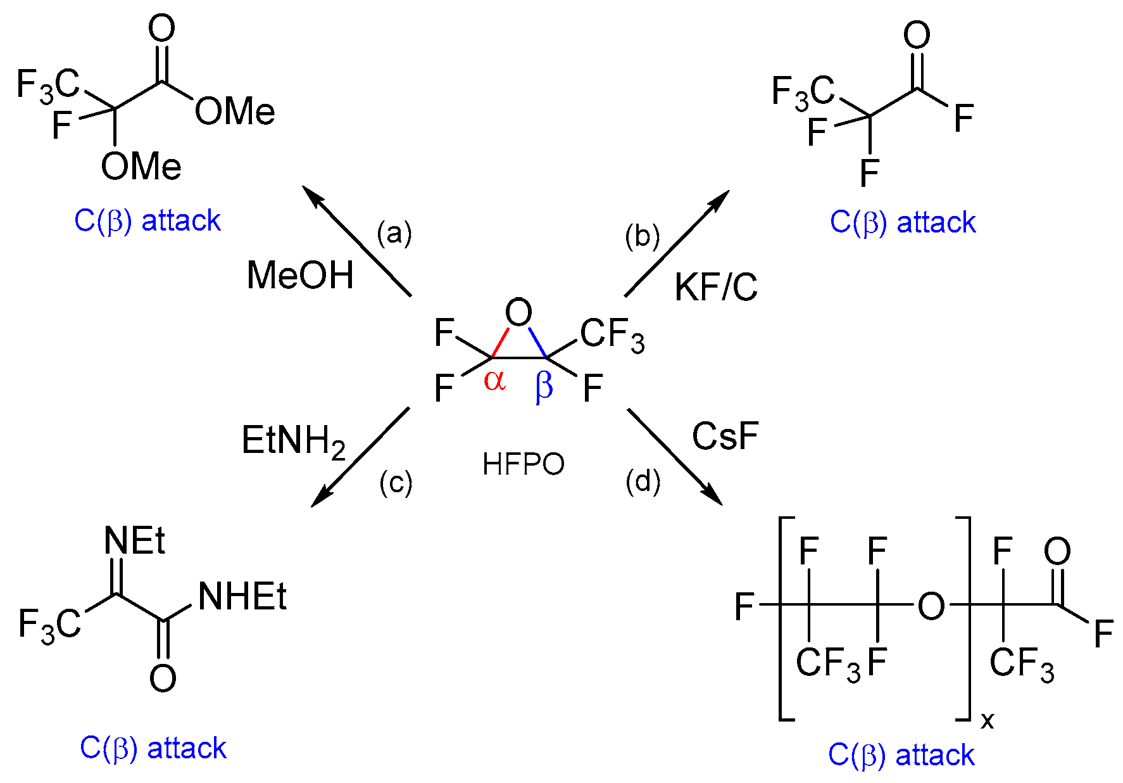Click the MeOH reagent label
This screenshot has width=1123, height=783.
[x=300, y=276]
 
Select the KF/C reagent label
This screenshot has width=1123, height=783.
[x=716, y=288]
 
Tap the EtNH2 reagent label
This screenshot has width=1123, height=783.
[x=293, y=441]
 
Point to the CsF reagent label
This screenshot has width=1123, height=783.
[x=725, y=436]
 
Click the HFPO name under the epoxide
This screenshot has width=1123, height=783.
[x=523, y=464]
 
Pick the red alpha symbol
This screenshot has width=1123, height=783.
[x=494, y=381]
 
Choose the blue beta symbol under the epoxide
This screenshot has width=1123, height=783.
[x=544, y=385]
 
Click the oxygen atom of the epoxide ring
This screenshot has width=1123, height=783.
[x=518, y=312]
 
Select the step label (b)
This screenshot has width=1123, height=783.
[x=642, y=236]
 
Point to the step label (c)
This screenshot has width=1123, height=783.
[x=396, y=483]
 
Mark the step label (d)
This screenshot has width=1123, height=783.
[x=643, y=481]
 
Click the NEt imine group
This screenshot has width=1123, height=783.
[x=134, y=542]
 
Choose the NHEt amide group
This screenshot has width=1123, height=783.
[x=242, y=597]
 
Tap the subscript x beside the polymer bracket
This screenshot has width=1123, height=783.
[x=987, y=720]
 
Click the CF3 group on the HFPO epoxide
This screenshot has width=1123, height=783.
[x=612, y=335]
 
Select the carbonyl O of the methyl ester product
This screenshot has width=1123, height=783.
[x=161, y=29]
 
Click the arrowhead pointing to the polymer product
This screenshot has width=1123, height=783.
[x=715, y=499]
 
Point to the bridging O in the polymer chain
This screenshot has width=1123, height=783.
[x=931, y=606]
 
